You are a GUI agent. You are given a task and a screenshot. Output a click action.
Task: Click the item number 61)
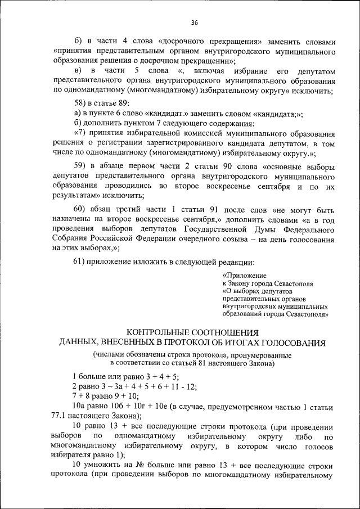pyautogui.click(x=82, y=262)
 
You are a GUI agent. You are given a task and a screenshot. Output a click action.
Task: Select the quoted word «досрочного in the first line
pyautogui.click(x=183, y=42)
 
